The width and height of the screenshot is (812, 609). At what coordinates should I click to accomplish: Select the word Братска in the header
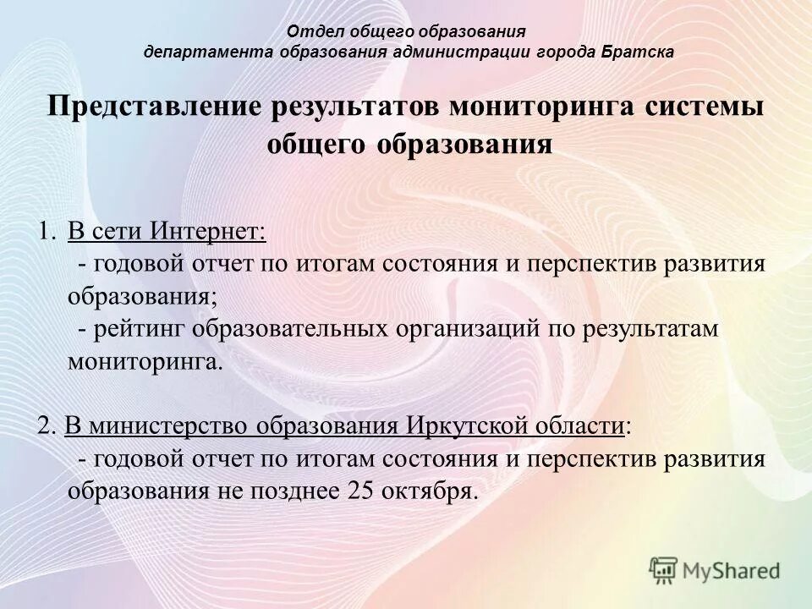(638, 52)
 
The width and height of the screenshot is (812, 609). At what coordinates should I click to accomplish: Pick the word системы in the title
(707, 108)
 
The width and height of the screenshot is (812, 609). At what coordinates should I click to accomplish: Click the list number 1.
(46, 231)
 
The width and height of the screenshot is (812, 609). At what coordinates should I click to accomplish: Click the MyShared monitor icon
(664, 570)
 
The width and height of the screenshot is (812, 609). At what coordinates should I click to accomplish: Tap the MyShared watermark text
(731, 571)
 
